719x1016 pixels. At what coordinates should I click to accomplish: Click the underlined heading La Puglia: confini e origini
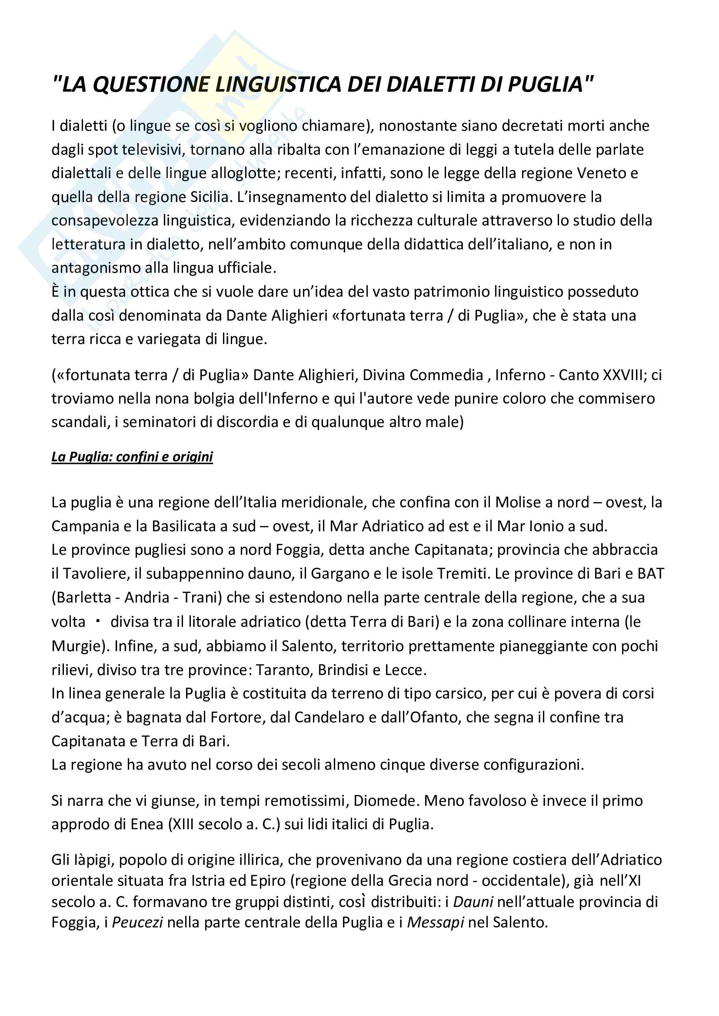click(132, 456)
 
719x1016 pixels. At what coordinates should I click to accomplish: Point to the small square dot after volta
click(98, 621)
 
